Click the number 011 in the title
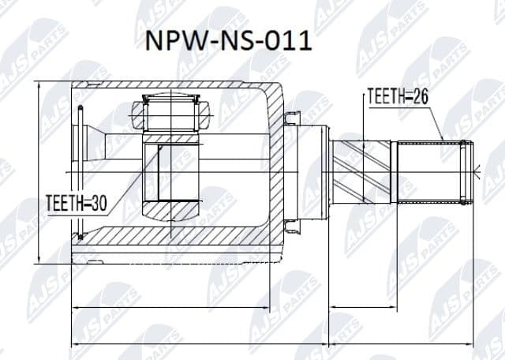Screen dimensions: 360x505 coord(288,40)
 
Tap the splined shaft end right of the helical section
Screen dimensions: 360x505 coord(430,169)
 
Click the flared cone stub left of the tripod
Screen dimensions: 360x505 coord(99,147)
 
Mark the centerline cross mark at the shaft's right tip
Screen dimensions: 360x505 coord(478,169)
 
